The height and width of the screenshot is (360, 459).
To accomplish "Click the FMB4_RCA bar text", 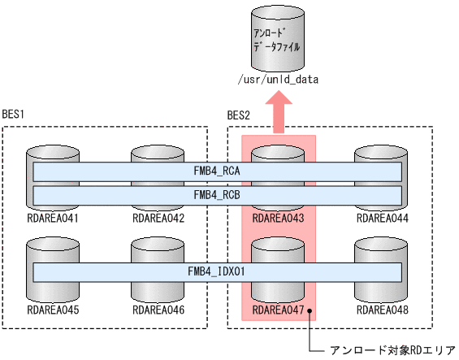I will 217,172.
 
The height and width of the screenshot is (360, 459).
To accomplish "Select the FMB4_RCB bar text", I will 217,195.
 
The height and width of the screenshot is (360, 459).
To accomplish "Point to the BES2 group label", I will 240,115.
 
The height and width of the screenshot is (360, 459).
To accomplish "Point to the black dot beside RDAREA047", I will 310,310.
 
